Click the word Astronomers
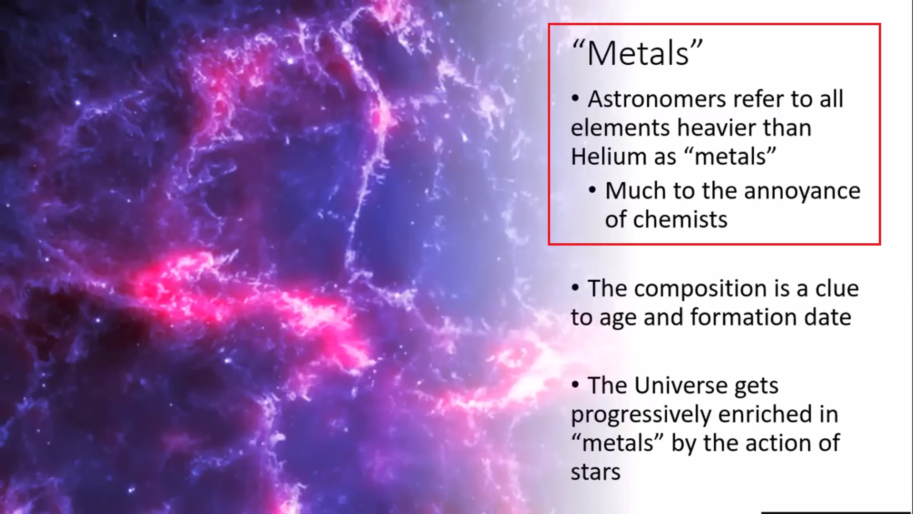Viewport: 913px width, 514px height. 657,99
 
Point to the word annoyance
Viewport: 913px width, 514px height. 802,191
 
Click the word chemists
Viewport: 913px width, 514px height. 680,219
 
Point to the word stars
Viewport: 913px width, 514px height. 596,472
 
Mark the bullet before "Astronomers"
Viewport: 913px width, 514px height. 575,99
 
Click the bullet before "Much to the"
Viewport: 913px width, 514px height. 592,191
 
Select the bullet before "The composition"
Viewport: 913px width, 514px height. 575,288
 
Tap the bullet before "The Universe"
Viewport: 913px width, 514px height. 575,385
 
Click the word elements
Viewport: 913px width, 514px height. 621,128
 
